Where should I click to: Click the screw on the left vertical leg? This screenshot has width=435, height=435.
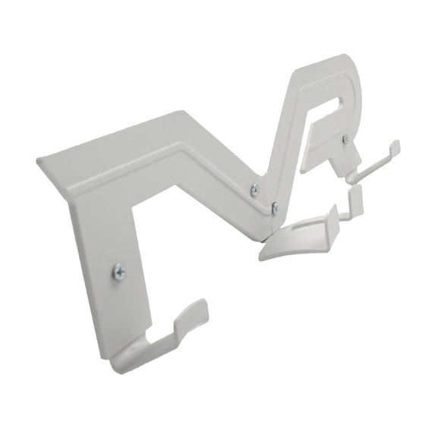point(119,270)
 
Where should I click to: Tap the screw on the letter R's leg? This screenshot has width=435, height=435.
point(345,139)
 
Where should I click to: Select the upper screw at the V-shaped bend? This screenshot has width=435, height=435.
point(254,191)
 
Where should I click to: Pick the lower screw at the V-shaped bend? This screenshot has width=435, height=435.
point(275,207)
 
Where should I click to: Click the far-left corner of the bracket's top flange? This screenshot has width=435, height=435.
point(39,162)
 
